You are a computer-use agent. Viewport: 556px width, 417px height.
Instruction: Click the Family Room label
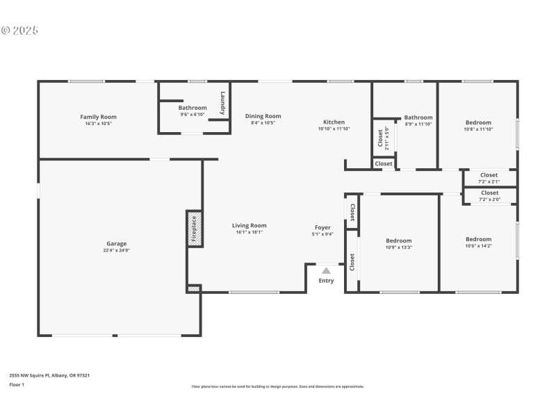99,117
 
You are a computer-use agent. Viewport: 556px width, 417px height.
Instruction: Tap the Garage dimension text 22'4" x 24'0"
116,250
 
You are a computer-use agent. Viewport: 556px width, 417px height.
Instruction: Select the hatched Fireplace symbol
194,227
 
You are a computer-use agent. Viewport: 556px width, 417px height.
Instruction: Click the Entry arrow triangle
326,271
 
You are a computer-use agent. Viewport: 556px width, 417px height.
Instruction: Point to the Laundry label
222,103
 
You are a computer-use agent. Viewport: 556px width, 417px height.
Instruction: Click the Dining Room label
263,116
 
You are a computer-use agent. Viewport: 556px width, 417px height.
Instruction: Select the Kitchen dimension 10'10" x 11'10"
334,129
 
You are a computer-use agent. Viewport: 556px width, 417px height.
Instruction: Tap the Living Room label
249,225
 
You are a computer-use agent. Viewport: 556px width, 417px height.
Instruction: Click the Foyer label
322,227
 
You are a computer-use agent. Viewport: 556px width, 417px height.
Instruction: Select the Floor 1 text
17,384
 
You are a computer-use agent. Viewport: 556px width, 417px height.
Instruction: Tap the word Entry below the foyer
326,281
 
